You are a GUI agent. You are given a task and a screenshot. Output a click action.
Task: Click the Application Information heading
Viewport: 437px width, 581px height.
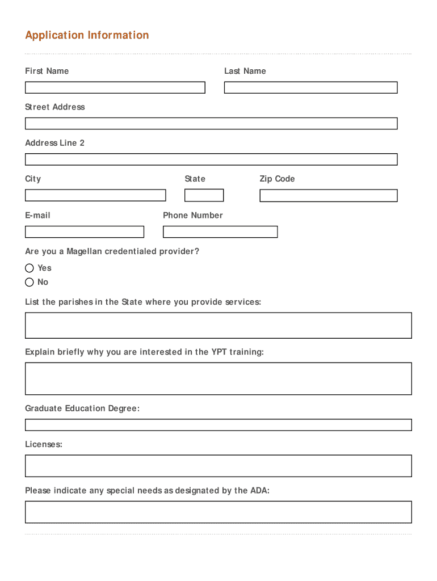87,35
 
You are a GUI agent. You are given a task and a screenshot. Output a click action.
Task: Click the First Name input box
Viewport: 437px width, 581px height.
115,87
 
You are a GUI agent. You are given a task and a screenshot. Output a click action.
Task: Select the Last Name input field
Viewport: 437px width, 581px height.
310,87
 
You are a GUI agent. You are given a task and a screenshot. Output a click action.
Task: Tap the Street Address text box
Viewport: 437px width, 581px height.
211,123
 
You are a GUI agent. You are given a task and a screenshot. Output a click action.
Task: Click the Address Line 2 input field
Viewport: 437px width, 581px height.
211,159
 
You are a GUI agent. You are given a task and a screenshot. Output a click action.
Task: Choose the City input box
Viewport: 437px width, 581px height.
95,195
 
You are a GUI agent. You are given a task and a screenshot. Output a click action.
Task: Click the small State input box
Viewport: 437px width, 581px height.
204,195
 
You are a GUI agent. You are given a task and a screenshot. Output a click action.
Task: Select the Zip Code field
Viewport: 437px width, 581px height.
328,195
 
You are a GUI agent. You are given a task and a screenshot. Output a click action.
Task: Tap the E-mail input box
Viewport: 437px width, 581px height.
85,231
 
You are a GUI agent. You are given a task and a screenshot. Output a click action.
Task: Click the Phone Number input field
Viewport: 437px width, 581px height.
220,231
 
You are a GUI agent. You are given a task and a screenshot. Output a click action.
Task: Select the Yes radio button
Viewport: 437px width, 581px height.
30,268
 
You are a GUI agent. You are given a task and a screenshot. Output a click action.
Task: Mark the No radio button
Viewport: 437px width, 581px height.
30,282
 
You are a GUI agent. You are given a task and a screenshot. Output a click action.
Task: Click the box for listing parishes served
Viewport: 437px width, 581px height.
218,325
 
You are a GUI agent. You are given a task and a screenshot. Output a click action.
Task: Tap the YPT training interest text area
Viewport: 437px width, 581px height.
218,378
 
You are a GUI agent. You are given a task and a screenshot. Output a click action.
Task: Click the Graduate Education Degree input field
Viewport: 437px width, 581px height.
218,425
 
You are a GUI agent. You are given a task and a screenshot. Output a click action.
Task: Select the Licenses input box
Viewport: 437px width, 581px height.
218,466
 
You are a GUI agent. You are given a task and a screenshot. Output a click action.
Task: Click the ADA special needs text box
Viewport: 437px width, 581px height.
218,512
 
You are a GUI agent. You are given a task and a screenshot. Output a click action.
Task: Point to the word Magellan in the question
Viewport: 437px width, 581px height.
84,251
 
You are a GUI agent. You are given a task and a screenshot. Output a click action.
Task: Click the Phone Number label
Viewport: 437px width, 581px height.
192,215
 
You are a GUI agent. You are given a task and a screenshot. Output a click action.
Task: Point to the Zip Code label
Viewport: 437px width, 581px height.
277,179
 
